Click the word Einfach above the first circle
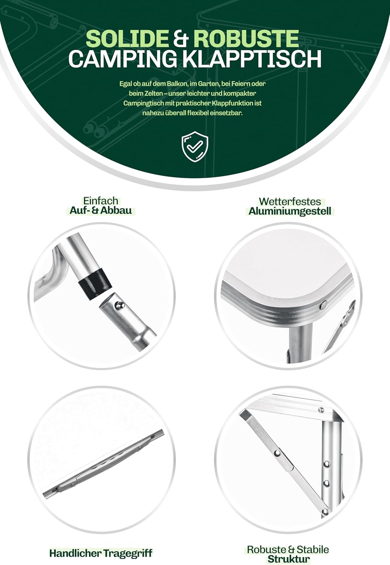(x=101, y=201)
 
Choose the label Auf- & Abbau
(x=101, y=211)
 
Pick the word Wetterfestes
(x=290, y=202)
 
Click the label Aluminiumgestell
(x=290, y=211)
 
